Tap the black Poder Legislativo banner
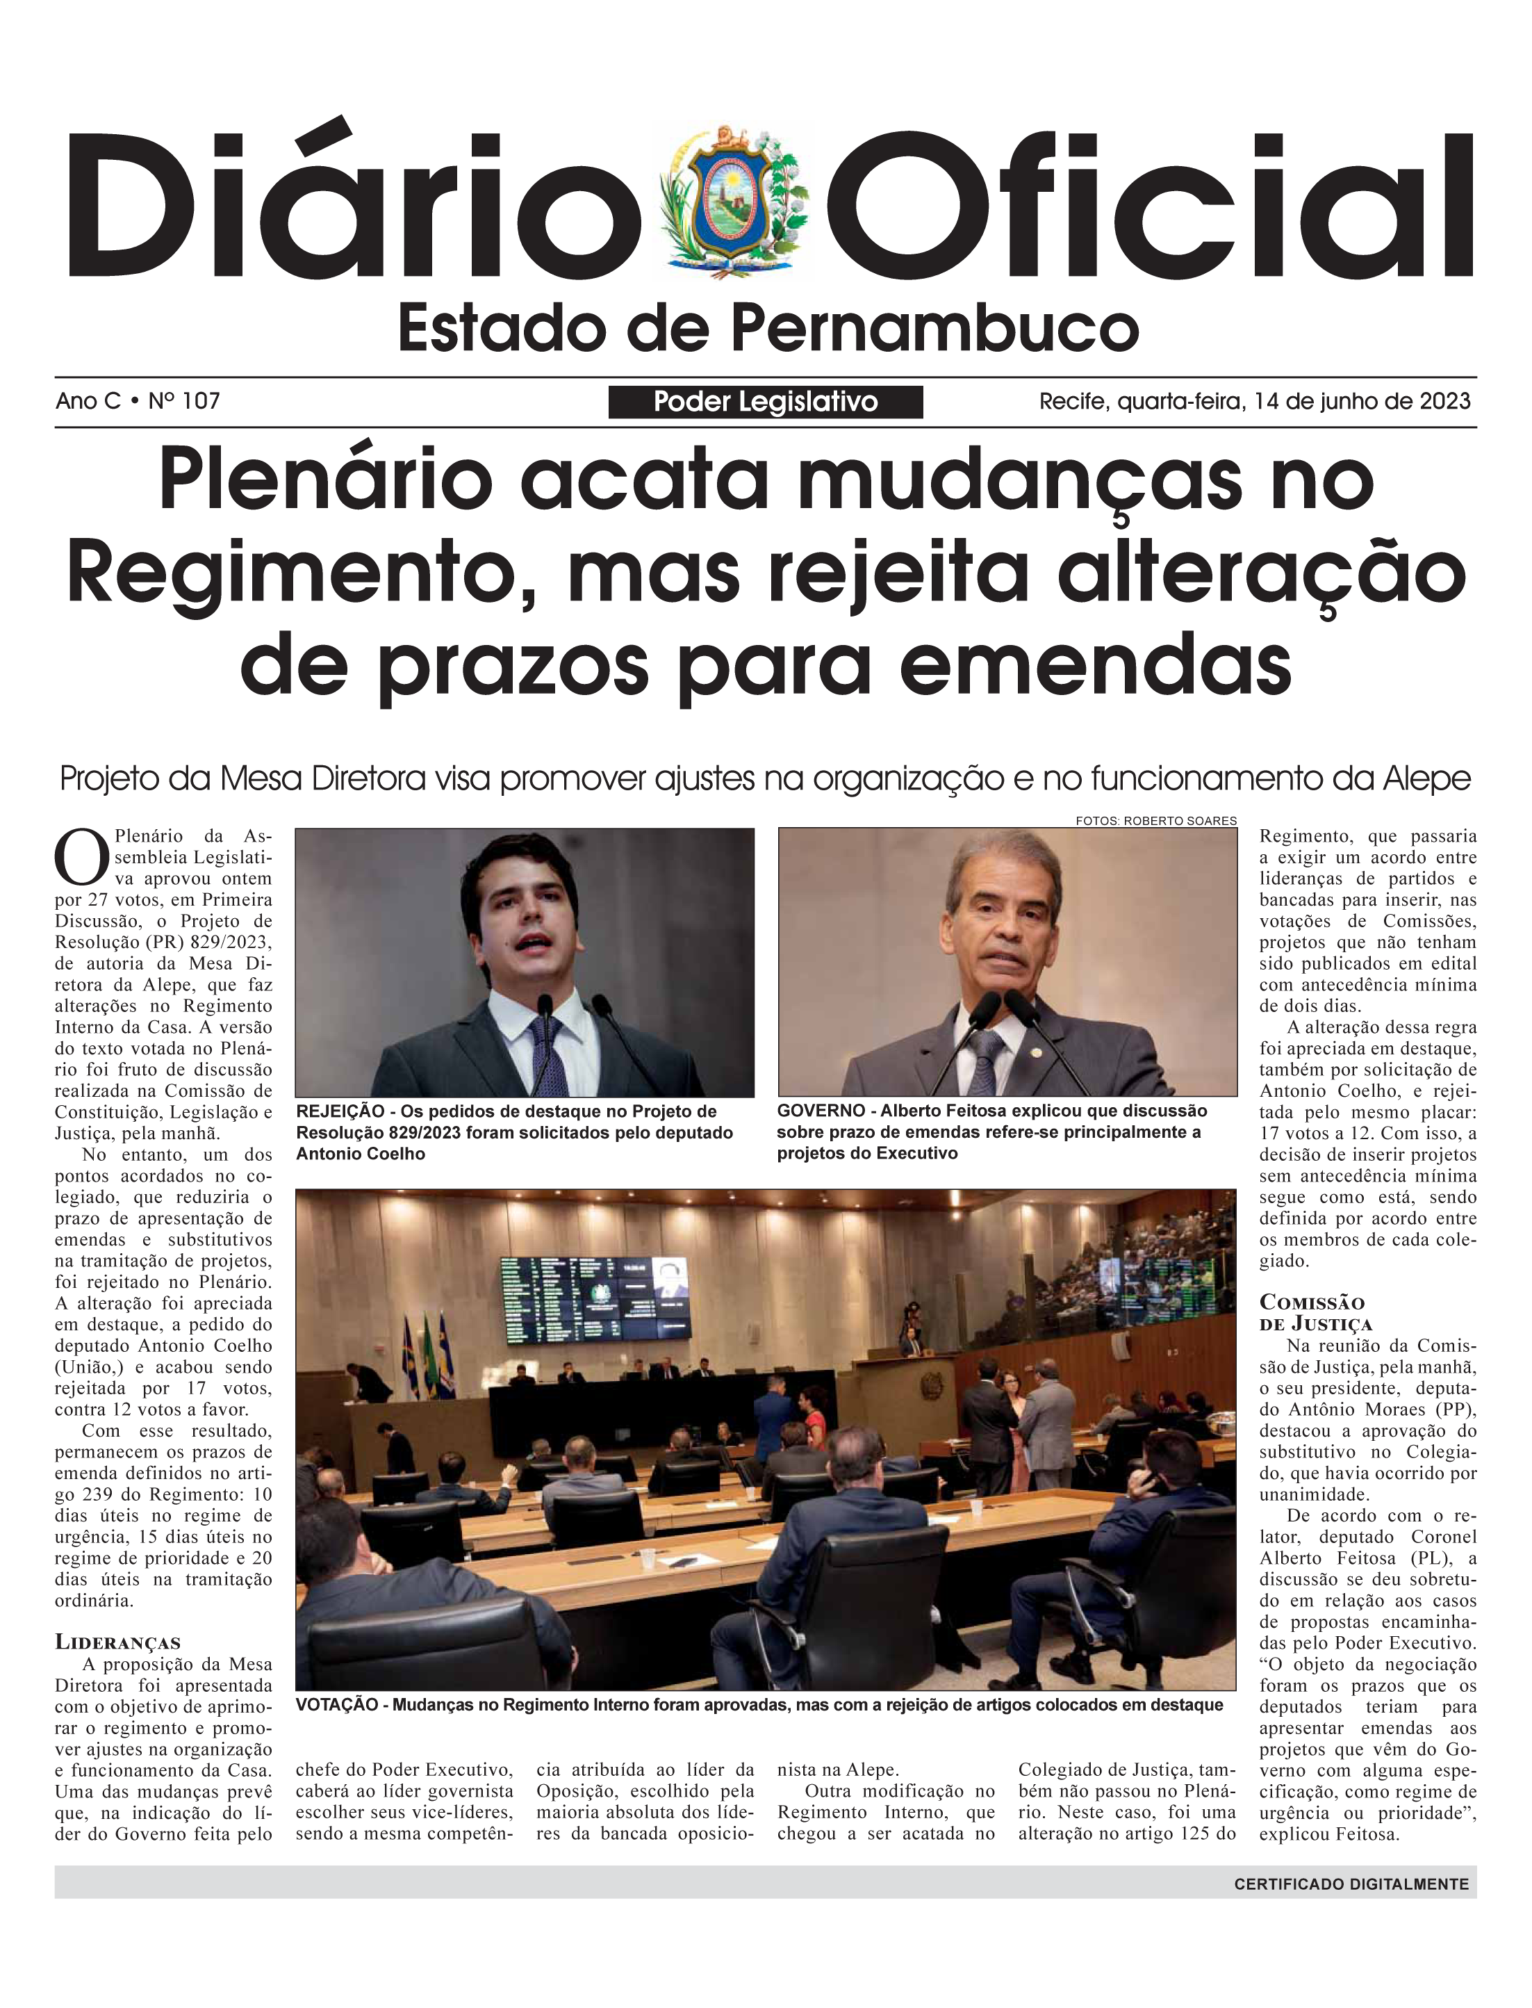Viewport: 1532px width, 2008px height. (x=765, y=402)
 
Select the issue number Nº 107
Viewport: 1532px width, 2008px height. (x=184, y=402)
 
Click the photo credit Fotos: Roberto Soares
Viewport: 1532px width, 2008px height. (x=1155, y=821)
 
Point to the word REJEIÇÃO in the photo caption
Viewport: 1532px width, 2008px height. (x=340, y=1111)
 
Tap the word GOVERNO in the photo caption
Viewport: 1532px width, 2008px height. (x=821, y=1110)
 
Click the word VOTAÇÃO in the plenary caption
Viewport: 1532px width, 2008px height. (x=336, y=1705)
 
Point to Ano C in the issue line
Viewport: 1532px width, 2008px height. (x=88, y=402)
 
